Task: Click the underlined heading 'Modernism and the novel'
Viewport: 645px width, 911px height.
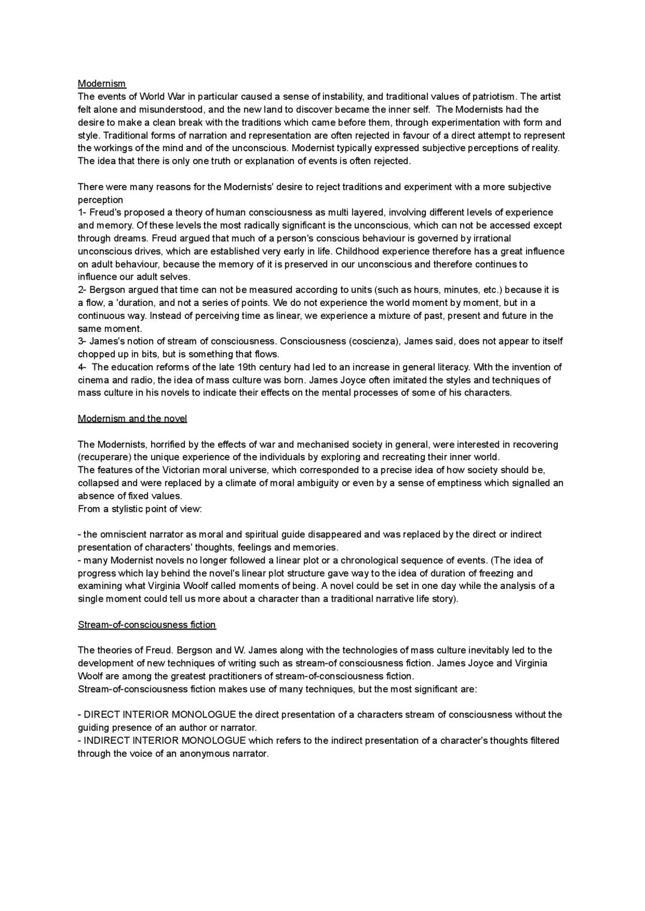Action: (132, 419)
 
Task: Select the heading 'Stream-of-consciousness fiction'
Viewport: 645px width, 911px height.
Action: (147, 625)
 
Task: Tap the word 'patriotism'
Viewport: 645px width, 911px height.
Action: (494, 96)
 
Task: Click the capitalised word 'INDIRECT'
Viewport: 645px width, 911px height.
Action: (106, 741)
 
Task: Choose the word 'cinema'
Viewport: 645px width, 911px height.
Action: (92, 380)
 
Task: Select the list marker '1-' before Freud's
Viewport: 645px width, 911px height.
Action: (82, 213)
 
